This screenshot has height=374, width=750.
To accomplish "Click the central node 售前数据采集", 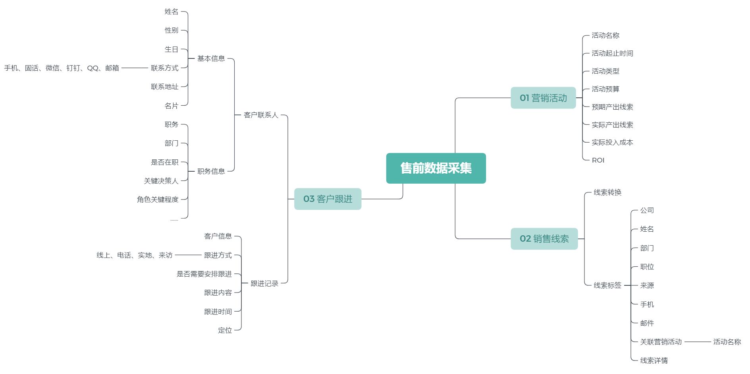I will click(x=436, y=168).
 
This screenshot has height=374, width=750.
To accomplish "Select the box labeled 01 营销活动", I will click(x=543, y=98).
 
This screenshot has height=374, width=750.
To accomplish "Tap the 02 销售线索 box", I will click(x=544, y=238).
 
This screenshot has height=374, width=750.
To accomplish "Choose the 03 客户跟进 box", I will click(x=328, y=199).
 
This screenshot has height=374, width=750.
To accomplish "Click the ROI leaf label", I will click(x=598, y=160).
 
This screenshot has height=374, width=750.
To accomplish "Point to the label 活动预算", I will click(x=605, y=89).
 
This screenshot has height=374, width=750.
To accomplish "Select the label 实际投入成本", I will click(x=612, y=142).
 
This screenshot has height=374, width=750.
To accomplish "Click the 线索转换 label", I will click(x=607, y=192).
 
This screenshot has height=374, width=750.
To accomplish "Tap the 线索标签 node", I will click(x=607, y=285).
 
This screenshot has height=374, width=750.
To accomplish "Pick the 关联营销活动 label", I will click(x=661, y=342).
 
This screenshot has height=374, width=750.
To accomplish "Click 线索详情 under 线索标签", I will click(x=654, y=360).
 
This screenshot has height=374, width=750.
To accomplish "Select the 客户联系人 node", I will click(x=261, y=115).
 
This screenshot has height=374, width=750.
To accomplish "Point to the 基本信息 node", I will click(x=211, y=58).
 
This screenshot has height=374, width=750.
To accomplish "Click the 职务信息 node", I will click(x=211, y=171).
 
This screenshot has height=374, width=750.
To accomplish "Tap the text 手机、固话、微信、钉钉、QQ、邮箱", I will click(x=62, y=68).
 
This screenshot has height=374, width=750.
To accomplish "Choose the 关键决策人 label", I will click(x=161, y=181).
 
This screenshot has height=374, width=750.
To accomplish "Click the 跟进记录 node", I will click(x=264, y=283).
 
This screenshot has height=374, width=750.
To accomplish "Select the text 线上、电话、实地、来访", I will click(x=135, y=255).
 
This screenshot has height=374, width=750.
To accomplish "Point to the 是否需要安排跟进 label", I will click(x=204, y=274).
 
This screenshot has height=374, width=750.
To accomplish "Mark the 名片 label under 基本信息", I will click(x=172, y=106).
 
